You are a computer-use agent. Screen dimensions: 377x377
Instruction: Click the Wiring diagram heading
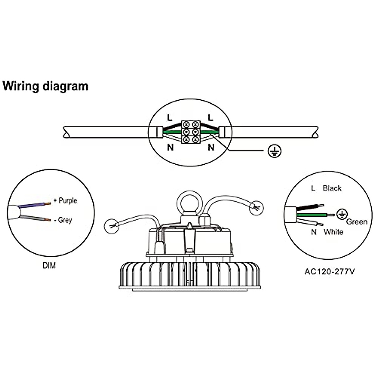(45, 86)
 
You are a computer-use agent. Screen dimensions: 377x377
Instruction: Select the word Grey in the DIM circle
(65, 220)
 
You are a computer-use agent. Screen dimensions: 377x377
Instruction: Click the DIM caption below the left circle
(49, 265)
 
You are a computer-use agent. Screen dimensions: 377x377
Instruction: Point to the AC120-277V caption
(330, 272)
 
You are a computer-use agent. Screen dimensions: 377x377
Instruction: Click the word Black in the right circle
(332, 188)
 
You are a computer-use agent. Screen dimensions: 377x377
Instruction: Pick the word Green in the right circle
(357, 222)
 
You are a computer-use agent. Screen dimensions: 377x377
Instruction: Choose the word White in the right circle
(333, 232)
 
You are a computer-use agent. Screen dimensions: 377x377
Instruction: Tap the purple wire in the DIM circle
(34, 205)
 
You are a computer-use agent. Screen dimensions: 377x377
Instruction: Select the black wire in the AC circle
(310, 207)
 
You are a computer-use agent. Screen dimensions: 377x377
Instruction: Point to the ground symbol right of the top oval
(274, 151)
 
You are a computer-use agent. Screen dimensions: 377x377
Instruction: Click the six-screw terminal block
(191, 132)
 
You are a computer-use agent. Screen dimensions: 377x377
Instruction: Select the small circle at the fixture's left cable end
(112, 226)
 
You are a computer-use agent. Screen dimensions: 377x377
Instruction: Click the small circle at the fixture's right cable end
(256, 208)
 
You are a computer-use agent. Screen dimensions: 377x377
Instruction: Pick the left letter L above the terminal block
(170, 117)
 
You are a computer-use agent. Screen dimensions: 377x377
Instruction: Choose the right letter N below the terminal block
(211, 147)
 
